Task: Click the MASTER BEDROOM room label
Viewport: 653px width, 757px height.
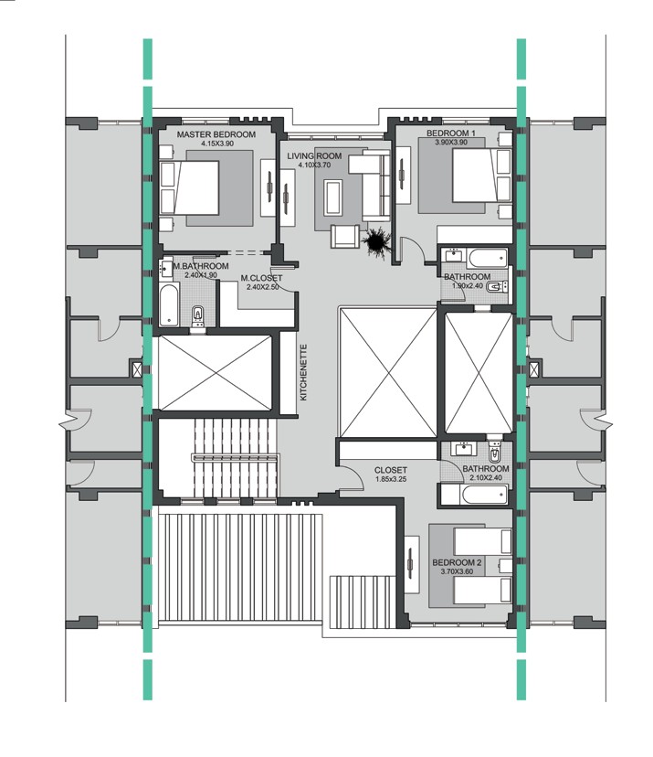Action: [216, 134]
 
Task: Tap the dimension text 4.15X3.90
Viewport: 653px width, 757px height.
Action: [216, 144]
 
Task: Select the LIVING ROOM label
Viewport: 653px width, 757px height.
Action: [314, 156]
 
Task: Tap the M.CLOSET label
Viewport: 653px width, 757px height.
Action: [262, 278]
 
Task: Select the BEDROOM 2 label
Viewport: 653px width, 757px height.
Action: [457, 562]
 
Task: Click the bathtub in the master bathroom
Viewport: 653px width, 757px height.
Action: [170, 304]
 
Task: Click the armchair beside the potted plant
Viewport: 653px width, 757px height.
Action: [344, 236]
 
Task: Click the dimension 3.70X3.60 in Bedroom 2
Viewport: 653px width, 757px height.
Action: [457, 571]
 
